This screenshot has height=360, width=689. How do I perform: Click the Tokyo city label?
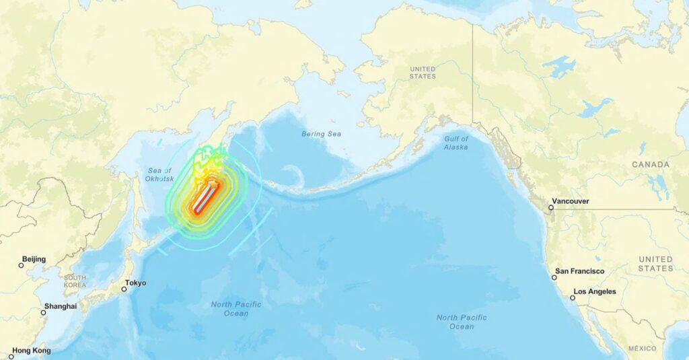click(137, 283)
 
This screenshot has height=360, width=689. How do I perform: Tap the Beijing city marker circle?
click(21, 265)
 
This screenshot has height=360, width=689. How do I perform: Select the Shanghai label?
click(61, 306)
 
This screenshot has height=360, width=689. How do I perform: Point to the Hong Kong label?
click(32, 351)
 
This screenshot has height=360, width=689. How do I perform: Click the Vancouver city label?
click(571, 201)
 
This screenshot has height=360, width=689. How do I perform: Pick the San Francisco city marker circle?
click(554, 277)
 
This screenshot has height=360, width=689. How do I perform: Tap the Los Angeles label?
click(593, 291)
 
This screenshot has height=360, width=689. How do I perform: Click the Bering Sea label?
click(322, 134)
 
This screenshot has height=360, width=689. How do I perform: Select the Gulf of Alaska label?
click(456, 143)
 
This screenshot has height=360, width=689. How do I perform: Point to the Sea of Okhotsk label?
click(160, 174)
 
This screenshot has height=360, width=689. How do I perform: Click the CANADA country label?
click(651, 164)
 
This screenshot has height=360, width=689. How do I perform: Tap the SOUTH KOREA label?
click(75, 281)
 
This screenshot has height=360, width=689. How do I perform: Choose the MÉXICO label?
click(643, 349)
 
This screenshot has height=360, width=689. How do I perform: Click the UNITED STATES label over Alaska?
click(423, 73)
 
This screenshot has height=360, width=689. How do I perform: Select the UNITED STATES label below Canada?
click(655, 264)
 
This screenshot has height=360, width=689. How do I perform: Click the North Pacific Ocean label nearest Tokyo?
click(236, 309)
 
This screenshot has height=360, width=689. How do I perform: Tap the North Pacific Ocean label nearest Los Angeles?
click(462, 322)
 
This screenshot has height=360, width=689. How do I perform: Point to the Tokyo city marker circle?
click(124, 289)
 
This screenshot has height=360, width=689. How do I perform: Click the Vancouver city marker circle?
click(550, 207)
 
